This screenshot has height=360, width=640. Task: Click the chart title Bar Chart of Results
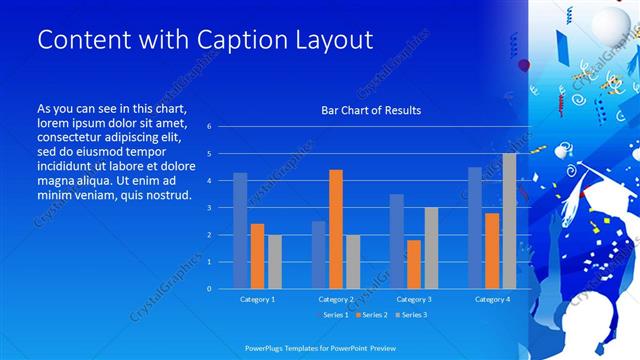pos(370,110)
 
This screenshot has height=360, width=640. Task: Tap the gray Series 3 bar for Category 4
pos(509,221)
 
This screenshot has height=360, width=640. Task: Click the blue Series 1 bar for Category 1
pos(240,230)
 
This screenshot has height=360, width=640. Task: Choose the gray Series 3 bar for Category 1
pos(274,261)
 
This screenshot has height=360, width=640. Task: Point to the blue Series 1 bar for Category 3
pos(397,241)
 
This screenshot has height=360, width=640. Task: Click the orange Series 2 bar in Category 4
pos(492,250)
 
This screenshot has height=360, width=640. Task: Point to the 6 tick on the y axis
pos(209,127)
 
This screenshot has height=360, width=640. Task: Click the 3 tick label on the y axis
pos(209,208)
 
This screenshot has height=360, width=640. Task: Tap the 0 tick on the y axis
pos(209,289)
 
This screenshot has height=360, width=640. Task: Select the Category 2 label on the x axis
pos(336,300)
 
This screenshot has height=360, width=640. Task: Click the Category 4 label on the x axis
pos(492,300)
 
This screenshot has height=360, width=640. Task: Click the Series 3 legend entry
pos(412,316)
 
